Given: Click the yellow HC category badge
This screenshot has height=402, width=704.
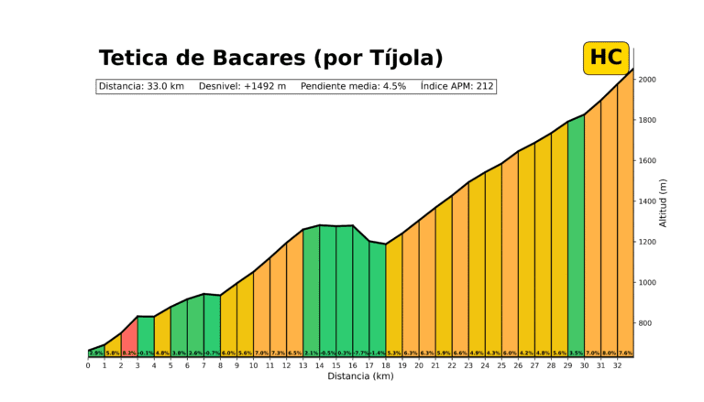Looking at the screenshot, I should click(606, 58).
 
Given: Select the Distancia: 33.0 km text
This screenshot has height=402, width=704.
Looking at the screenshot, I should click(141, 86).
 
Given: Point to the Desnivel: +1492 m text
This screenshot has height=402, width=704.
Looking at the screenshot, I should click(243, 86).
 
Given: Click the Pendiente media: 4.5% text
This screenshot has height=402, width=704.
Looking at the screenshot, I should click(353, 86).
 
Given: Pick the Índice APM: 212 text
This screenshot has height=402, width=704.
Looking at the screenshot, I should click(457, 86).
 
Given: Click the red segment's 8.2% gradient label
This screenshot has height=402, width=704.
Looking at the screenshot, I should click(129, 353).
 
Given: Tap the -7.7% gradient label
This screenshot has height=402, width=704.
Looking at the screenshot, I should click(361, 353).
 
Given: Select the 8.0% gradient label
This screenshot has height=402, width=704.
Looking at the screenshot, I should click(609, 353).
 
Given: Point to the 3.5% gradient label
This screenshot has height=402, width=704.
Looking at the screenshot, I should click(576, 353).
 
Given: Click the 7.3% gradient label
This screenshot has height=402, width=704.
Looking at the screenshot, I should click(278, 353).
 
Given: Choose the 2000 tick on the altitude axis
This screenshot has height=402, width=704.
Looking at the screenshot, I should click(647, 80).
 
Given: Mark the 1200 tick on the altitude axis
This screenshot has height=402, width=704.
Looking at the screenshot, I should click(647, 242).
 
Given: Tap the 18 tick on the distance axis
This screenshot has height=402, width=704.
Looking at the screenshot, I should click(385, 365).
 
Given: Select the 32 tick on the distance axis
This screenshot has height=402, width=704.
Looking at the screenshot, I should click(617, 365).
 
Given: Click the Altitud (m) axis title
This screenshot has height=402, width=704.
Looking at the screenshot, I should click(664, 202).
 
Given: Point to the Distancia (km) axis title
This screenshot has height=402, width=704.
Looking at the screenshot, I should click(359, 376).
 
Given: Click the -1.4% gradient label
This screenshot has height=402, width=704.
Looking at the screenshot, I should click(378, 353).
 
